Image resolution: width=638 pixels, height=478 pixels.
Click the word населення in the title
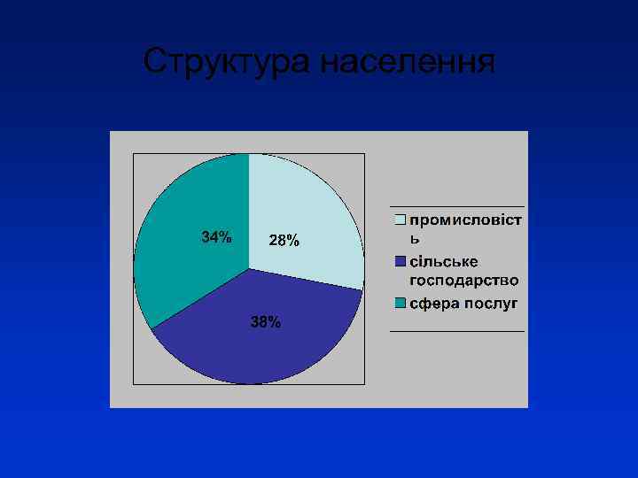click(403, 62)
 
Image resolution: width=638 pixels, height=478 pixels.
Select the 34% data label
click(216, 237)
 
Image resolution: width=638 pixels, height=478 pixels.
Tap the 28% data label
click(284, 241)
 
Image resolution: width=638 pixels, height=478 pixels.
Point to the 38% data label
click(266, 322)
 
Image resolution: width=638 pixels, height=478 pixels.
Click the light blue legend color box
click(401, 218)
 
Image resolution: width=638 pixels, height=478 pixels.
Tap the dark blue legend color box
click(401, 261)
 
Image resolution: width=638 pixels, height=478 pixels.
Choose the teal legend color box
click(401, 303)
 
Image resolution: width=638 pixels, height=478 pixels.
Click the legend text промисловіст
click(465, 218)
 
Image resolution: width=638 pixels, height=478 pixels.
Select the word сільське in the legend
click(444, 261)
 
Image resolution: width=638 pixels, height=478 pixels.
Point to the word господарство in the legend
click(464, 281)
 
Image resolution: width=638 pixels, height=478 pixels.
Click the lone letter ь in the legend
click(414, 238)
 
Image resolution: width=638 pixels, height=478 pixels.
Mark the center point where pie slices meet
click(249, 268)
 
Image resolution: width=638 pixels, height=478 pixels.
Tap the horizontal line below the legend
click(457, 331)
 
